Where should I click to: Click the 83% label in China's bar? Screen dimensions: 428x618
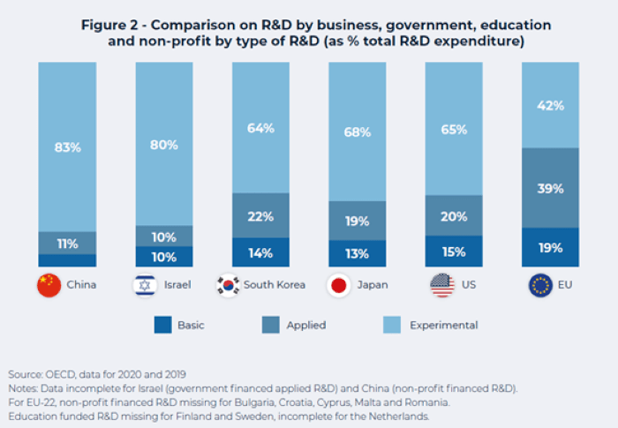point(67,147)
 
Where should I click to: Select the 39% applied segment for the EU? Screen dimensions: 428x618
point(550,189)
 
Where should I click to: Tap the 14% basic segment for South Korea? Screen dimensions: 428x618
point(261,252)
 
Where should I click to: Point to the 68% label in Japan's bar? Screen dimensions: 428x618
point(358,132)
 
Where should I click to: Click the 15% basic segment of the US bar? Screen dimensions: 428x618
point(455,252)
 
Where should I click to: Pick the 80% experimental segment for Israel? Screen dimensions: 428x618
point(164,145)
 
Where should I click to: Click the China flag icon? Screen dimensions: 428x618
point(48,285)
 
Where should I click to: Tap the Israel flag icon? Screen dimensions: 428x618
point(145,285)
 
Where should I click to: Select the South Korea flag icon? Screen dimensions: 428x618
point(228,285)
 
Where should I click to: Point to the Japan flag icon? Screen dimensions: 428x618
point(338,285)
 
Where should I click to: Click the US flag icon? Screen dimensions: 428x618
point(441,285)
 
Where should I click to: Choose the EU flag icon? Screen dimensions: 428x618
point(539,285)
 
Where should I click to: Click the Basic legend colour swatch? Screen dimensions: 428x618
point(163,325)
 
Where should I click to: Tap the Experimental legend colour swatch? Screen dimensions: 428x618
point(390,325)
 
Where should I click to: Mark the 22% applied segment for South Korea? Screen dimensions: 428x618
point(261,216)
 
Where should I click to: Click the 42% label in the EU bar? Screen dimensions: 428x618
point(550,106)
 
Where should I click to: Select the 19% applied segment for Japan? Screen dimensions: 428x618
point(358,222)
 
